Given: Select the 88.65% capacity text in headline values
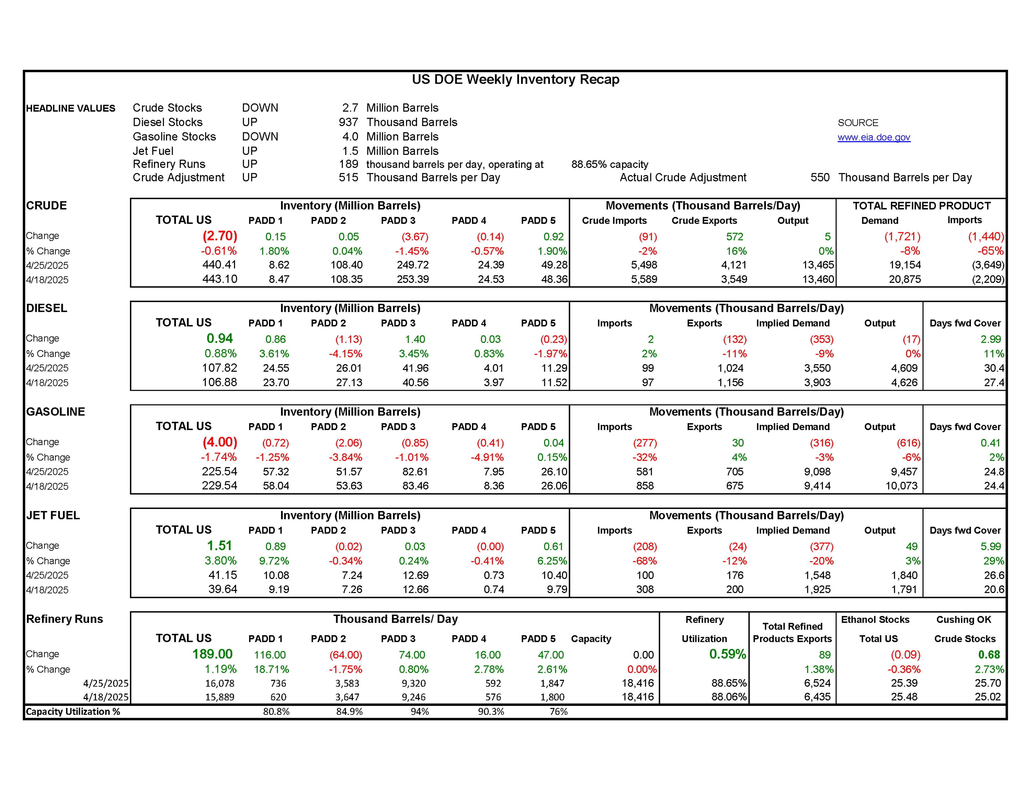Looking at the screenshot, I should click(x=609, y=164).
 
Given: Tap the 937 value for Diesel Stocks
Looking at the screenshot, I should click(x=348, y=122).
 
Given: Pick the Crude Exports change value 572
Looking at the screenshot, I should click(x=734, y=236).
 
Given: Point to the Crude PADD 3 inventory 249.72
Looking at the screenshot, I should click(x=412, y=265).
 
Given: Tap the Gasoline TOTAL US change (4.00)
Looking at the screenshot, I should click(x=220, y=442).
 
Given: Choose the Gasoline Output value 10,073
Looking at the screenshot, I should click(x=901, y=486).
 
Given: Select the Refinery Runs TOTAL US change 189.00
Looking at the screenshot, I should click(x=212, y=654).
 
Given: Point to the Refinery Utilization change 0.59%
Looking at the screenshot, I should click(x=727, y=654).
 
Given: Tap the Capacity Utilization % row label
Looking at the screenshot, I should click(x=73, y=711).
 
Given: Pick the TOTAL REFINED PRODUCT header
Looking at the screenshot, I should click(x=921, y=205).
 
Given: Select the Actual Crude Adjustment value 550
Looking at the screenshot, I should click(x=820, y=178).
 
